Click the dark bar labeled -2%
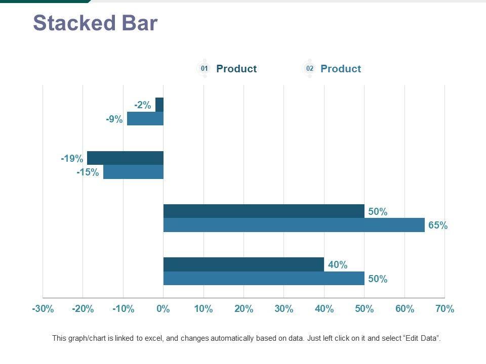(x=159, y=105)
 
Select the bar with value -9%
(x=145, y=119)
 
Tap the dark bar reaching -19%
(x=125, y=158)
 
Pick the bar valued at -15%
(x=133, y=172)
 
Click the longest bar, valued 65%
(x=294, y=225)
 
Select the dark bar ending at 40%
(x=244, y=264)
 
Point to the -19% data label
(x=72, y=159)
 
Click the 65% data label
(x=437, y=226)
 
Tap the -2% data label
(x=143, y=105)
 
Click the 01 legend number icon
(x=204, y=69)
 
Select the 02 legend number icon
(x=309, y=69)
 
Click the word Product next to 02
(x=341, y=69)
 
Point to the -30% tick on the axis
(x=43, y=309)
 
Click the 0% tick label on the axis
(x=163, y=309)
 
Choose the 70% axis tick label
(x=444, y=309)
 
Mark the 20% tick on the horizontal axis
(x=244, y=309)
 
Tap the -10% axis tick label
(x=123, y=309)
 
